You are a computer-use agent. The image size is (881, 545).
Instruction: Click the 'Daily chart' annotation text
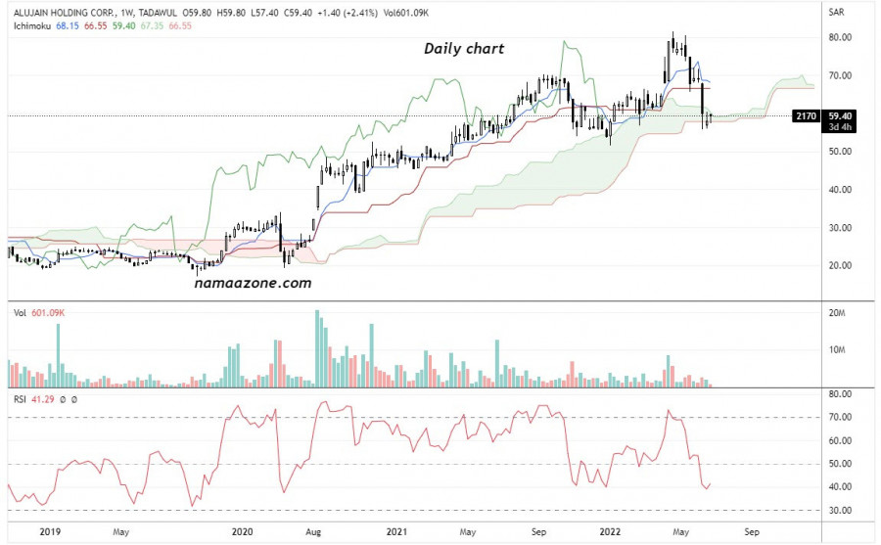point(464,48)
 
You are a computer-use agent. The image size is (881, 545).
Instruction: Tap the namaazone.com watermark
point(251,283)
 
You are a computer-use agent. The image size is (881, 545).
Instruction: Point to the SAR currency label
point(836,13)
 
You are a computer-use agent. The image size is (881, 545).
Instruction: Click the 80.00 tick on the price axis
point(841,37)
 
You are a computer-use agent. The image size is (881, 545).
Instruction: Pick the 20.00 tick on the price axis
point(841,265)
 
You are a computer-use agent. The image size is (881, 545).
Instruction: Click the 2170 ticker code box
point(805,115)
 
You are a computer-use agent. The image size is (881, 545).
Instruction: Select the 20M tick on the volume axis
point(838,313)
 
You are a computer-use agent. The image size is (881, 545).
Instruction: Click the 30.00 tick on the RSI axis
point(841,511)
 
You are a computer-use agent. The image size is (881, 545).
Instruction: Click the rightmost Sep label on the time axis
point(751,531)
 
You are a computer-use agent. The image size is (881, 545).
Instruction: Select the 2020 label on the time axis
point(242,531)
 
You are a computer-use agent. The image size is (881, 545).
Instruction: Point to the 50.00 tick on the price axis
point(841,152)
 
